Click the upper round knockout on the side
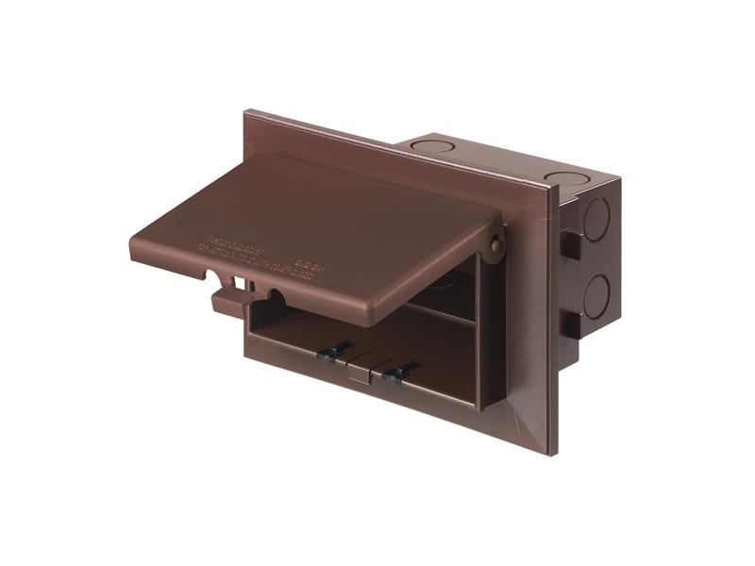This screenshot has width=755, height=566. click(x=596, y=219)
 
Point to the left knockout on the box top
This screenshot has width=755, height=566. click(x=433, y=147)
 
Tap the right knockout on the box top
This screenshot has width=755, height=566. click(x=565, y=177)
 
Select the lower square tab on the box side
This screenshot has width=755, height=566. click(x=570, y=324)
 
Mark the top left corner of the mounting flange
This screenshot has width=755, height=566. click(x=247, y=113)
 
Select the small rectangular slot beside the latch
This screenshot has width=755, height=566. click(x=246, y=282)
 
